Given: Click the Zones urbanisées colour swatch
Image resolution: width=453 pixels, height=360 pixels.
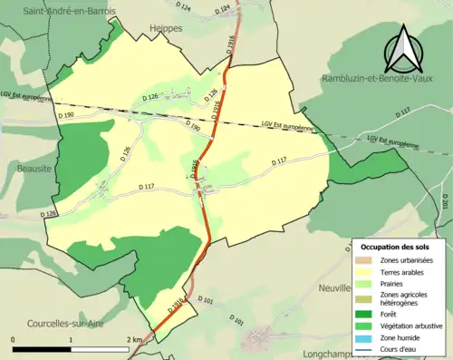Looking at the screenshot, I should (368, 261).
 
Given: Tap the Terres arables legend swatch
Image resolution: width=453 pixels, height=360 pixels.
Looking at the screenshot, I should (368, 273).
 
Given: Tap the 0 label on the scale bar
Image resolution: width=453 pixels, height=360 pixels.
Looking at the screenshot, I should (14, 339).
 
